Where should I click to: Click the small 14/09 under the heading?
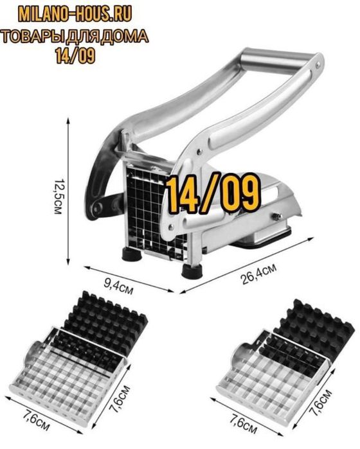pyautogui.click(x=75, y=55)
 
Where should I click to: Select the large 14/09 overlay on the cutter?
pyautogui.click(x=213, y=194)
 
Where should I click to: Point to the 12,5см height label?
pyautogui.click(x=58, y=197)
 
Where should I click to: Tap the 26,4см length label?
pyautogui.click(x=259, y=274)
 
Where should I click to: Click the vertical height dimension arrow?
pyautogui.click(x=68, y=191)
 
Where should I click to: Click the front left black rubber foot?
pyautogui.click(x=132, y=254)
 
